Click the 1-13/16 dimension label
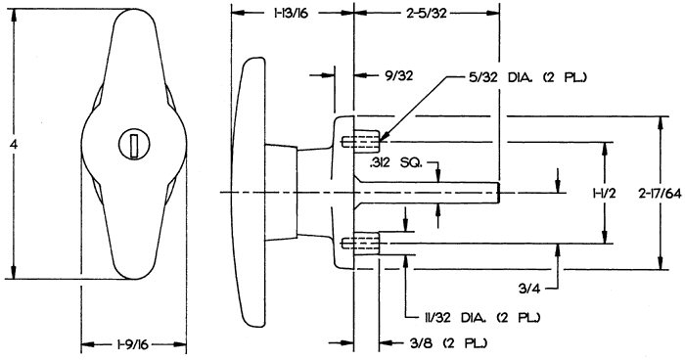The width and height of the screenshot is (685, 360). pos(291,14)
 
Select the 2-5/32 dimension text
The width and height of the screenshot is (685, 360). pos(427,14)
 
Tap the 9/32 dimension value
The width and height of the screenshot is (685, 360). pos(398,76)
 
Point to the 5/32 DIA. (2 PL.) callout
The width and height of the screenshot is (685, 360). pos(525,77)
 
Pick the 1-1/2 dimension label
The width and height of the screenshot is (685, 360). pos(604,194)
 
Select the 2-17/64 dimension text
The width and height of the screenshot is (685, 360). pos(658,194)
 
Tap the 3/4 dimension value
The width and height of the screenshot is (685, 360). pos(530,289)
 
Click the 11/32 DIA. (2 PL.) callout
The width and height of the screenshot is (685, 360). pos(481,317)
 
